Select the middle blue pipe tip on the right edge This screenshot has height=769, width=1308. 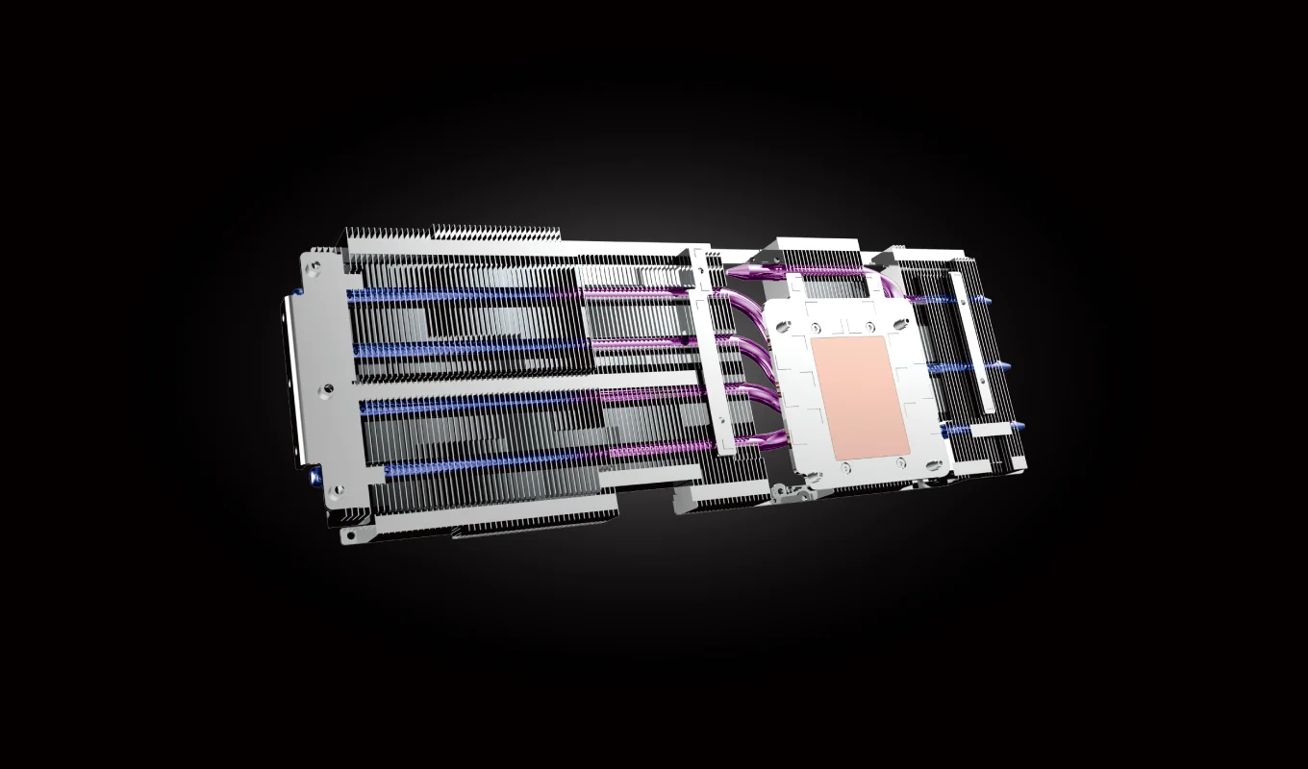point(1003,366)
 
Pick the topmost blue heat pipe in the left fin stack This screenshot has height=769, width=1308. point(462,294)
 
